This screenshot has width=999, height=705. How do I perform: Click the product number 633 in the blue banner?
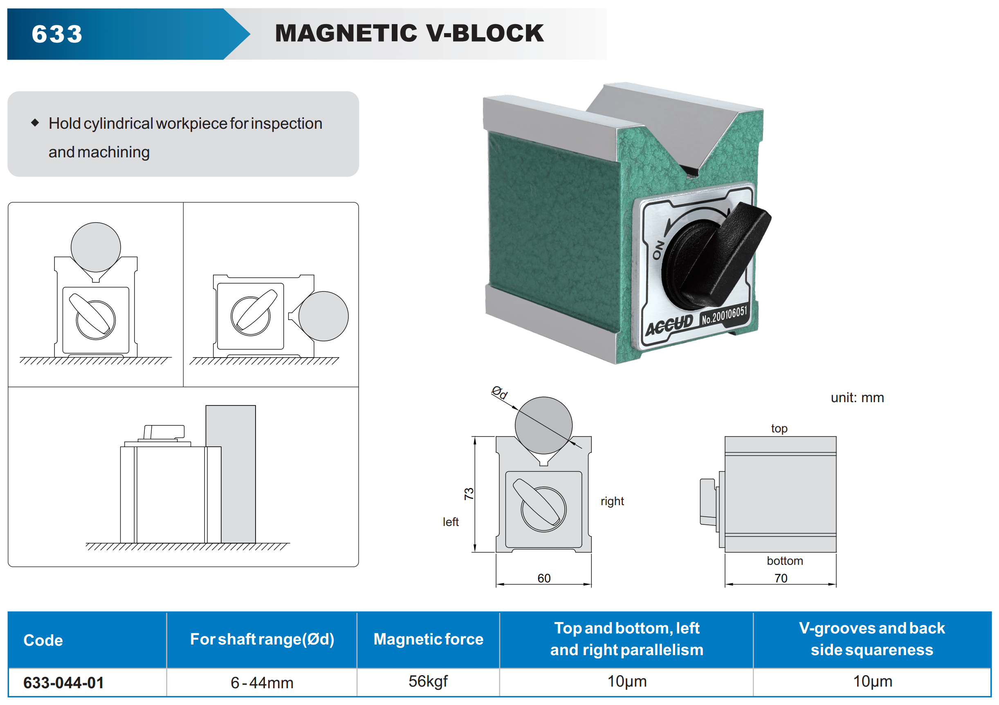57,34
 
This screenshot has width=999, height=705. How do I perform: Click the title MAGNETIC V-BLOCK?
409,33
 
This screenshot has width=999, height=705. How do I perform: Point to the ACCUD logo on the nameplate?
669,325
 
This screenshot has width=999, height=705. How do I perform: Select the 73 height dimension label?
469,494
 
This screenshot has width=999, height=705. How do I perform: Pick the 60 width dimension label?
544,578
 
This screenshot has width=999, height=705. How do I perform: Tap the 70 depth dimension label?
781,578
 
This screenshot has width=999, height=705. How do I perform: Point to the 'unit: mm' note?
857,398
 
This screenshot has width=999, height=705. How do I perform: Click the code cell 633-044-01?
63,683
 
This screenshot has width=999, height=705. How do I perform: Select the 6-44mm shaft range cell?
262,683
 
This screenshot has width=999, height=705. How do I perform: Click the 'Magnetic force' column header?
428,639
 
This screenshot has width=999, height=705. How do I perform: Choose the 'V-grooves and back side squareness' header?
872,639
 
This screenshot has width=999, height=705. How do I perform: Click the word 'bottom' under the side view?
784,561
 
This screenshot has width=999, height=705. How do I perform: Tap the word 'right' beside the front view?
612,501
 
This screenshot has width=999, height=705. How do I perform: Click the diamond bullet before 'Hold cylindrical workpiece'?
35,123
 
